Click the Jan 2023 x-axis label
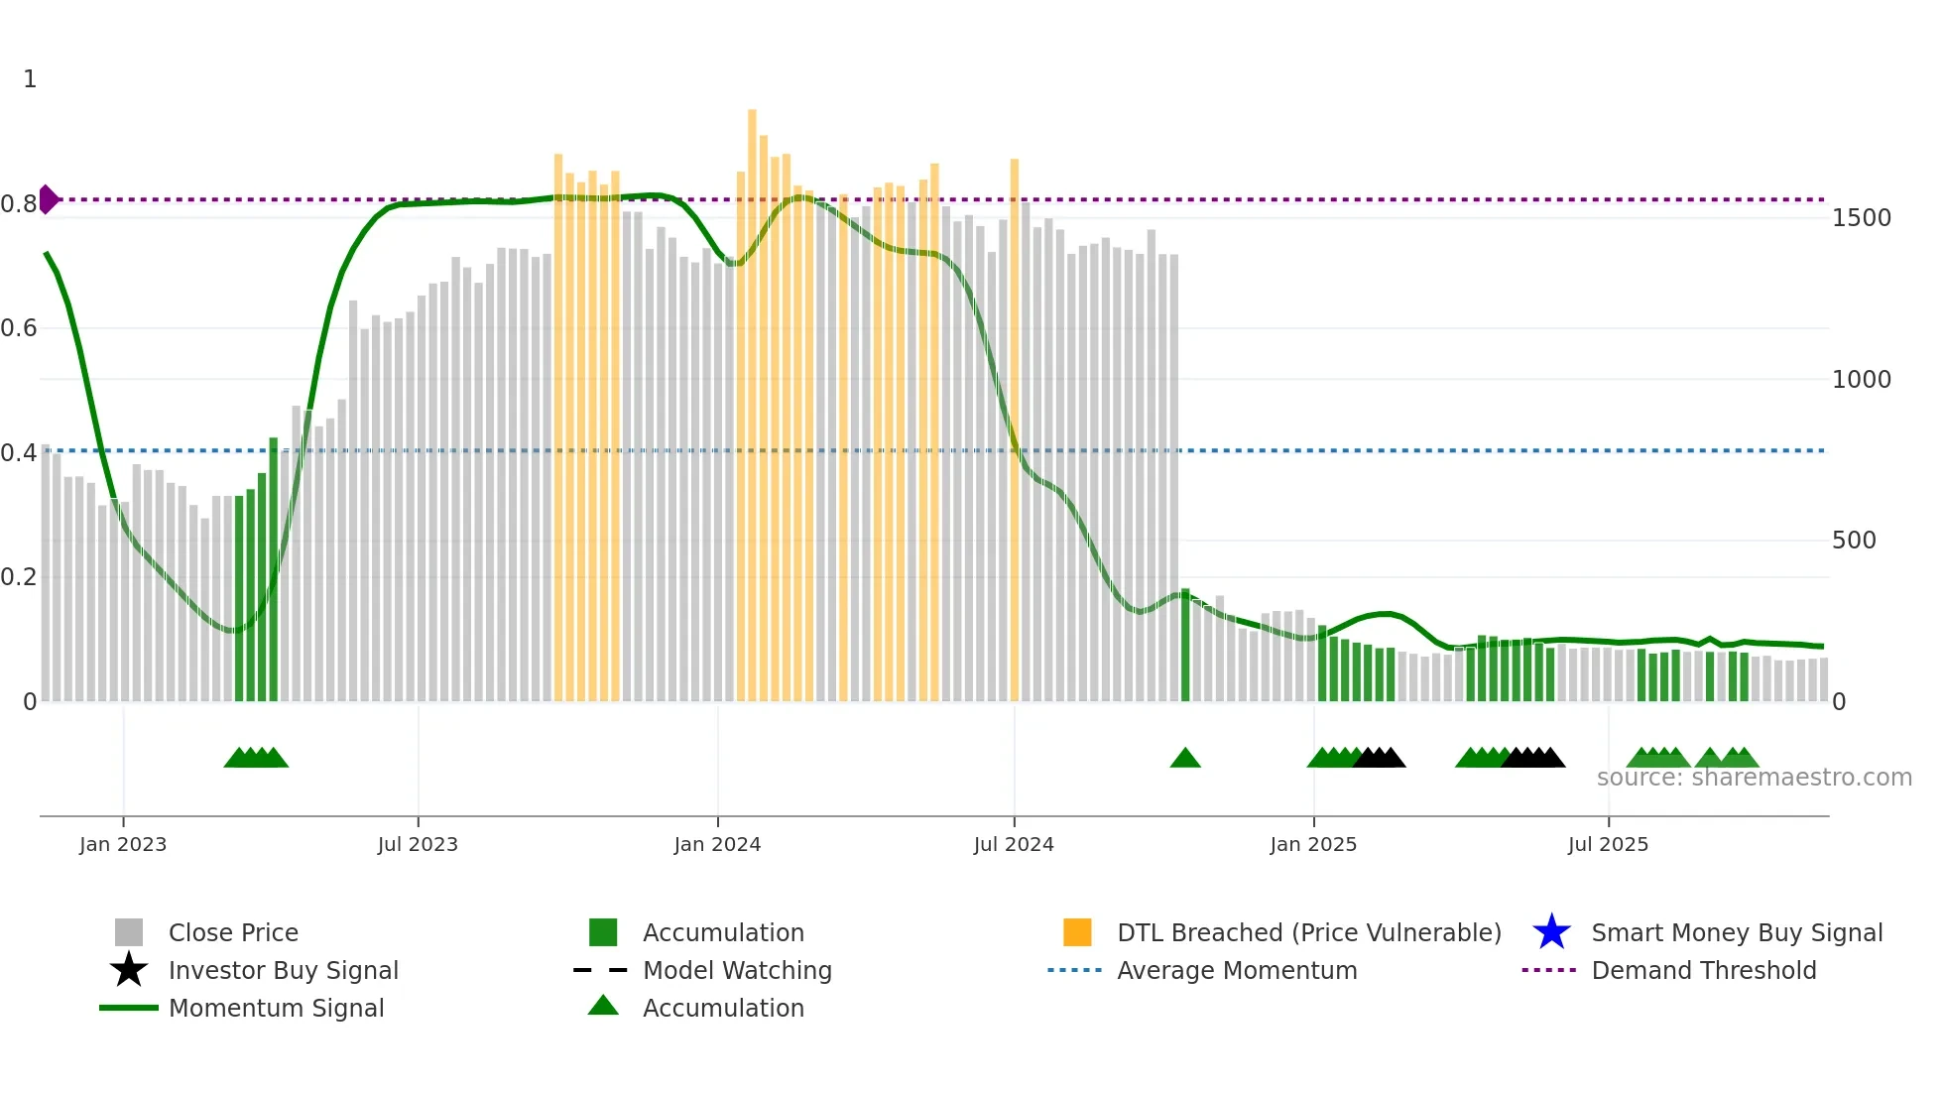coord(123,844)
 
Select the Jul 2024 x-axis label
coord(1014,844)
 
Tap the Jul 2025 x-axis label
coord(1608,844)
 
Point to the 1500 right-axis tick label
coord(1861,218)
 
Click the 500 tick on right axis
coord(1853,541)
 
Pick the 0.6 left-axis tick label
coord(19,328)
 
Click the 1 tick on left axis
coord(30,79)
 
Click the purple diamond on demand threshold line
coord(48,199)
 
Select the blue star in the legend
coord(1551,932)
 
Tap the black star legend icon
coord(129,970)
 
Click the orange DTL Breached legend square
coord(1077,932)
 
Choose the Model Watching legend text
coord(737,970)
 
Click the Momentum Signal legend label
coord(276,1008)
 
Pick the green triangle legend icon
coord(603,1006)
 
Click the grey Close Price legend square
coord(129,932)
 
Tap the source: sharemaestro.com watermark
coord(1754,778)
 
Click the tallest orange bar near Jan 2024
coord(752,397)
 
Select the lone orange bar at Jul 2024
coord(1015,426)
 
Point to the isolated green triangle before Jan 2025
coord(1185,759)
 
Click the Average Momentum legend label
coord(1237,970)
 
